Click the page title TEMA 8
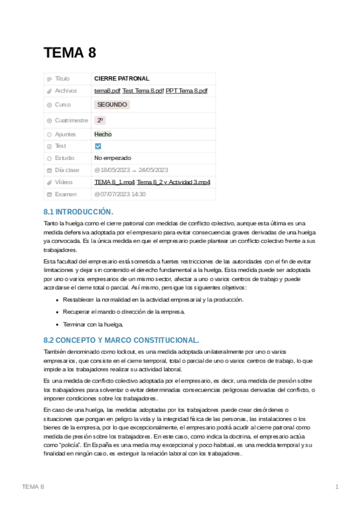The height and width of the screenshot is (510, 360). coord(70,53)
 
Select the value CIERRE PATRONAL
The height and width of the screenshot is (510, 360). coord(121,79)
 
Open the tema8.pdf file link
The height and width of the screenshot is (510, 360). coord(107,91)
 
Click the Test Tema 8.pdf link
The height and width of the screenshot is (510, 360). coord(142,91)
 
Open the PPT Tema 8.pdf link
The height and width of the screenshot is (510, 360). coord(186,91)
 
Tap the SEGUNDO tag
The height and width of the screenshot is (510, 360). coord(112,105)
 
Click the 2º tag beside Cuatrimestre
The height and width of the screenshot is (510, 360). coord(100,120)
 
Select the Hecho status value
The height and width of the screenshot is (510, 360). coord(103,134)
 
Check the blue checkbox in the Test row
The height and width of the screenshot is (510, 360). coord(98,146)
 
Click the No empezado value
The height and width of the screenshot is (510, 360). coord(112,158)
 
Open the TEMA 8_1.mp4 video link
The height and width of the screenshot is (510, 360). coord(114,182)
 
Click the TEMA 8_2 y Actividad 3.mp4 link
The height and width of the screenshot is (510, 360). coord(173,182)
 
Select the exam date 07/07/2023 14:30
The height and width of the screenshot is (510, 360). coord(120,194)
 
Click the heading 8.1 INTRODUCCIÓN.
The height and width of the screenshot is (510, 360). coord(78,212)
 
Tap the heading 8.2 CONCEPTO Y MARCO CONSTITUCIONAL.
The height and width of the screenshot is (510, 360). coord(121,340)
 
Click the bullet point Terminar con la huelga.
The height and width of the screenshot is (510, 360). coord(93,324)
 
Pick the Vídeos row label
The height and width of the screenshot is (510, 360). coord(64,182)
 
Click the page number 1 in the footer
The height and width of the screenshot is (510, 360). coord(337,487)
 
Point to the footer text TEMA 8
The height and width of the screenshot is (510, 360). coord(32,487)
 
